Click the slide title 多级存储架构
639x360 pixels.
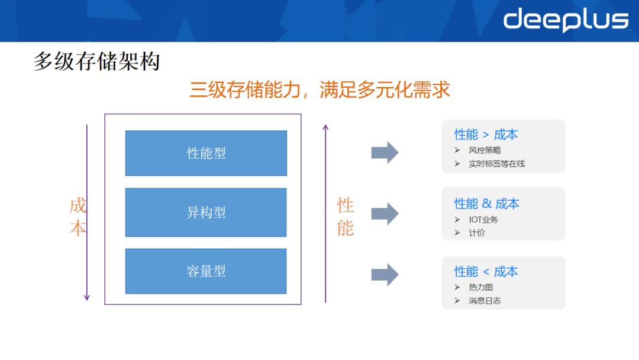tap(96, 62)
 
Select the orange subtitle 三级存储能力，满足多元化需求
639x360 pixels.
tap(319, 89)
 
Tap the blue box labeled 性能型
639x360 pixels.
tap(206, 153)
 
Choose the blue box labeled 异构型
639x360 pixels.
tap(206, 213)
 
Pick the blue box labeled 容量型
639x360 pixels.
tap(206, 271)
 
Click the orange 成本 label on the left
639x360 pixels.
tap(78, 217)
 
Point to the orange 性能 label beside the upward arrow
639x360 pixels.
tap(346, 217)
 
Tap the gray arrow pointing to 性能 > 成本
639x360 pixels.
tap(385, 153)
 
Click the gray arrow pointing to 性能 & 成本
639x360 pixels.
tap(385, 213)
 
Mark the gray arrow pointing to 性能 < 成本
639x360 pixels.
tap(385, 274)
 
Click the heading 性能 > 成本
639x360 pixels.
tap(486, 135)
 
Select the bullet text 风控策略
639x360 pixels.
tap(485, 150)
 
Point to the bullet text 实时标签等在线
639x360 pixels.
tap(496, 163)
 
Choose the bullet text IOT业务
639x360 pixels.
tap(483, 220)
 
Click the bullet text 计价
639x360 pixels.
tap(476, 233)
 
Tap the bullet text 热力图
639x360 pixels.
tap(480, 287)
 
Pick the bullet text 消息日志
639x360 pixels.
tap(485, 301)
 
